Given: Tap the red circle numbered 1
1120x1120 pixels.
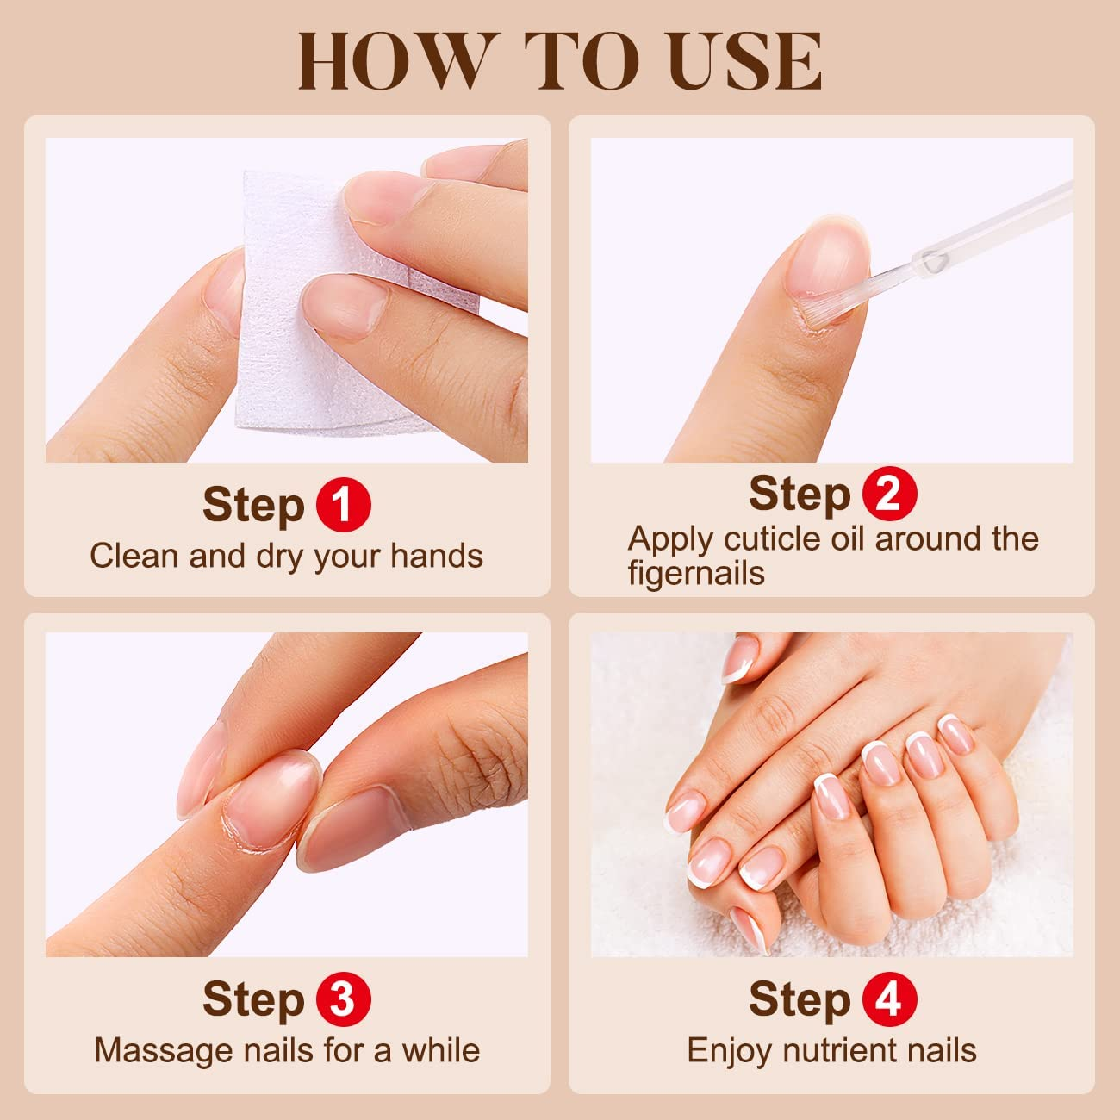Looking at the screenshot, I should click(x=343, y=505).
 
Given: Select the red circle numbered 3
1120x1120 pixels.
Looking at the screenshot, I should click(x=343, y=999).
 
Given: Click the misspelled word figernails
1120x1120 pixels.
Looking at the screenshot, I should click(x=695, y=573).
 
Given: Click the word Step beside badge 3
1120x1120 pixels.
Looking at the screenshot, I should click(x=253, y=999).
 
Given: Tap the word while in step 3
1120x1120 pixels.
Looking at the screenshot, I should click(x=440, y=1050).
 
